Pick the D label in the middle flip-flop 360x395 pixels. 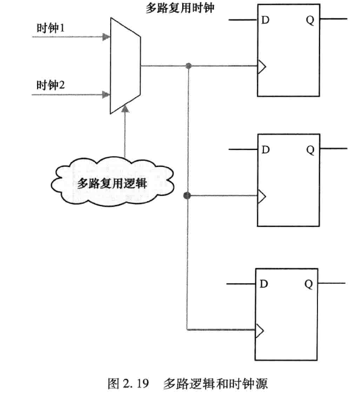coord(266,149)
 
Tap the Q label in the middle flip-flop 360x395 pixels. coord(309,149)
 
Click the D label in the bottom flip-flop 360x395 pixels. coord(265,284)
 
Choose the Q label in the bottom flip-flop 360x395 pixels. coord(308,284)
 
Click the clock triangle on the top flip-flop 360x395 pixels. coord(261,67)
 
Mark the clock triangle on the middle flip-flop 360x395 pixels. coord(261,195)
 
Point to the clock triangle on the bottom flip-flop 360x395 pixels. coord(260,330)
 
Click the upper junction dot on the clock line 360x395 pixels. coord(188,67)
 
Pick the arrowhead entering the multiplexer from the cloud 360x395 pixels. coord(125,110)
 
